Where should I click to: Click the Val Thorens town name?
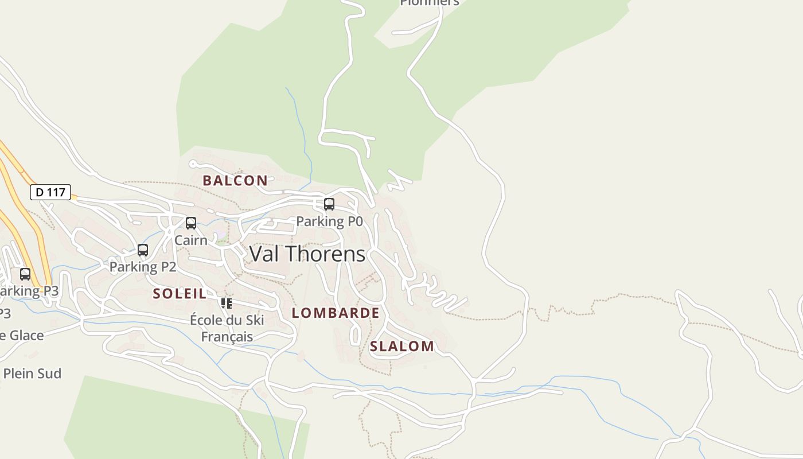tap(307, 254)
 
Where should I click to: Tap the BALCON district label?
tap(235, 180)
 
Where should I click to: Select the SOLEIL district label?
tap(180, 294)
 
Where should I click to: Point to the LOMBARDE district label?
tap(336, 313)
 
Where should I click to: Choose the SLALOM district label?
tap(402, 346)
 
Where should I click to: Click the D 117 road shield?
tap(50, 192)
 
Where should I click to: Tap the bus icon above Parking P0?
tap(329, 204)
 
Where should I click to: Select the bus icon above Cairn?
tap(191, 223)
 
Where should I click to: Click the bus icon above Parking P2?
tap(143, 250)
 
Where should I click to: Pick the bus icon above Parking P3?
tap(25, 274)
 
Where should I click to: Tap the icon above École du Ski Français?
tap(227, 303)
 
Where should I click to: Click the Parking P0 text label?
tap(329, 221)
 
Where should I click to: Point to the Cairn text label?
tap(190, 240)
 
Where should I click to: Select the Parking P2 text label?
tap(143, 267)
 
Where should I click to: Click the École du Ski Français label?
tap(227, 328)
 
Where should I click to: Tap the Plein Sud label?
tap(32, 374)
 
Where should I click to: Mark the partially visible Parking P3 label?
tap(29, 291)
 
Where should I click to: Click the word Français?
tap(227, 336)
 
